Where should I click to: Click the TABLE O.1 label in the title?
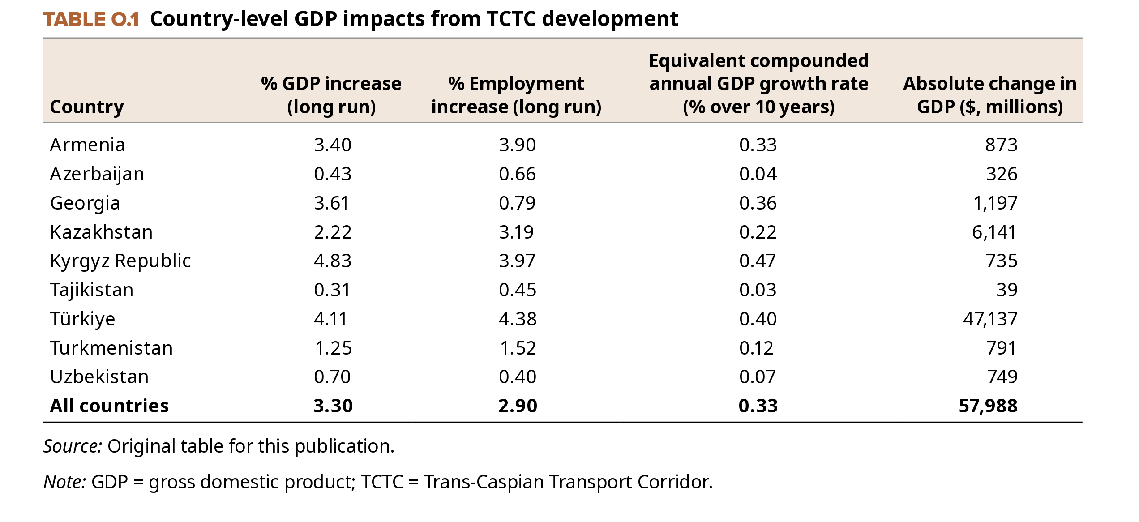91,19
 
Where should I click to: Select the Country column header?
87,107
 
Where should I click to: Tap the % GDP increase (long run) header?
331,95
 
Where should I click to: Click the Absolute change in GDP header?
989,95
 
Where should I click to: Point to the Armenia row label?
87,145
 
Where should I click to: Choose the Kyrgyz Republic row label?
120,261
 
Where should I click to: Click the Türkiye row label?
82,319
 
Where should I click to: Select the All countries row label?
109,406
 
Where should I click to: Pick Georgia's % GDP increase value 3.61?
331,203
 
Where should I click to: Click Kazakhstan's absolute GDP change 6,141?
994,232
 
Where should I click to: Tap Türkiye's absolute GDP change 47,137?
990,319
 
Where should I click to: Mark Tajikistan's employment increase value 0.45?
518,290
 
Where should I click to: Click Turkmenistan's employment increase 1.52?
518,348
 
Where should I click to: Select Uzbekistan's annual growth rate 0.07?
758,377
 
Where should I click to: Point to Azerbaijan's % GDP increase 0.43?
333,174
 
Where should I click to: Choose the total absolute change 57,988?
988,406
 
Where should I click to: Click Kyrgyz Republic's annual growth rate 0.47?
758,261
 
